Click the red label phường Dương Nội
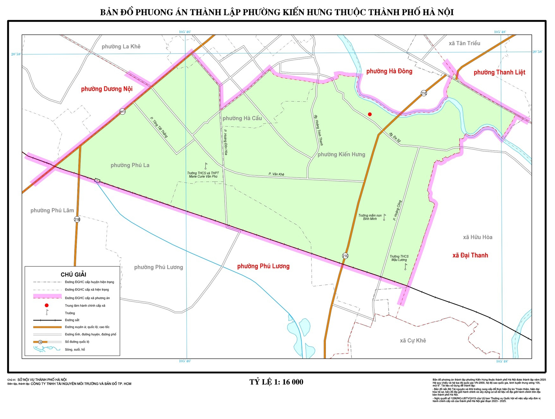pos(106,89)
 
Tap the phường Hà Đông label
pos(389,71)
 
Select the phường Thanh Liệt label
pos(499,72)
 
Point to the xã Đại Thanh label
pos(470,255)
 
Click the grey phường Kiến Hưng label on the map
pos(341,154)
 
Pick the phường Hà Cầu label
pos(242,118)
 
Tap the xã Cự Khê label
pos(413,341)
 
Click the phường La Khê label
pos(121,46)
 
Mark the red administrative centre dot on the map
pos(370,114)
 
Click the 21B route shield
pos(77,219)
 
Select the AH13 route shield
pos(122,111)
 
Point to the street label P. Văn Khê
pos(276,174)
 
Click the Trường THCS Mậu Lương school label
pos(399,258)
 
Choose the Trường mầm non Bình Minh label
pos(370,217)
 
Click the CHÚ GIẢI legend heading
pos(73,274)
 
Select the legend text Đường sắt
pos(72,320)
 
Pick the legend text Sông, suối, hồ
pos(75,350)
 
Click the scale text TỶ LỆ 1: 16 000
pos(276,382)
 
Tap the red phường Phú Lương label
pos(263,266)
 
